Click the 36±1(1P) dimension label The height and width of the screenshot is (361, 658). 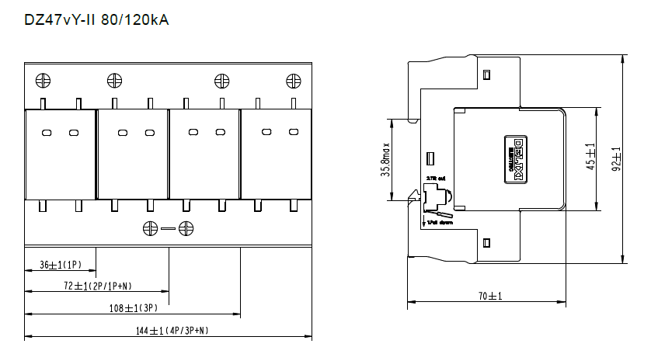tap(59, 265)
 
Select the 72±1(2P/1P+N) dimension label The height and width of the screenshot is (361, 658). tap(97, 286)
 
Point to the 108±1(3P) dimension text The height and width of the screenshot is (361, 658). tap(133, 308)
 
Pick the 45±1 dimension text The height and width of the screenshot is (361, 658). tap(590, 158)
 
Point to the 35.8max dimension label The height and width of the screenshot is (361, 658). tap(385, 159)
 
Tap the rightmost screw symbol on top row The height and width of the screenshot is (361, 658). tap(293, 80)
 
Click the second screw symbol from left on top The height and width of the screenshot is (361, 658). tap(114, 80)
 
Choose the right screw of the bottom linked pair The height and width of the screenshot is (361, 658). tap(186, 228)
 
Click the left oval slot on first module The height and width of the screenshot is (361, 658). tap(46, 133)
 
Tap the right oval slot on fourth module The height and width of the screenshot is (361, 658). tap(293, 133)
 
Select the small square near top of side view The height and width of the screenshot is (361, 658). tap(486, 75)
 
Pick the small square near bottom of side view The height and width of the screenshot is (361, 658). tap(486, 243)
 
